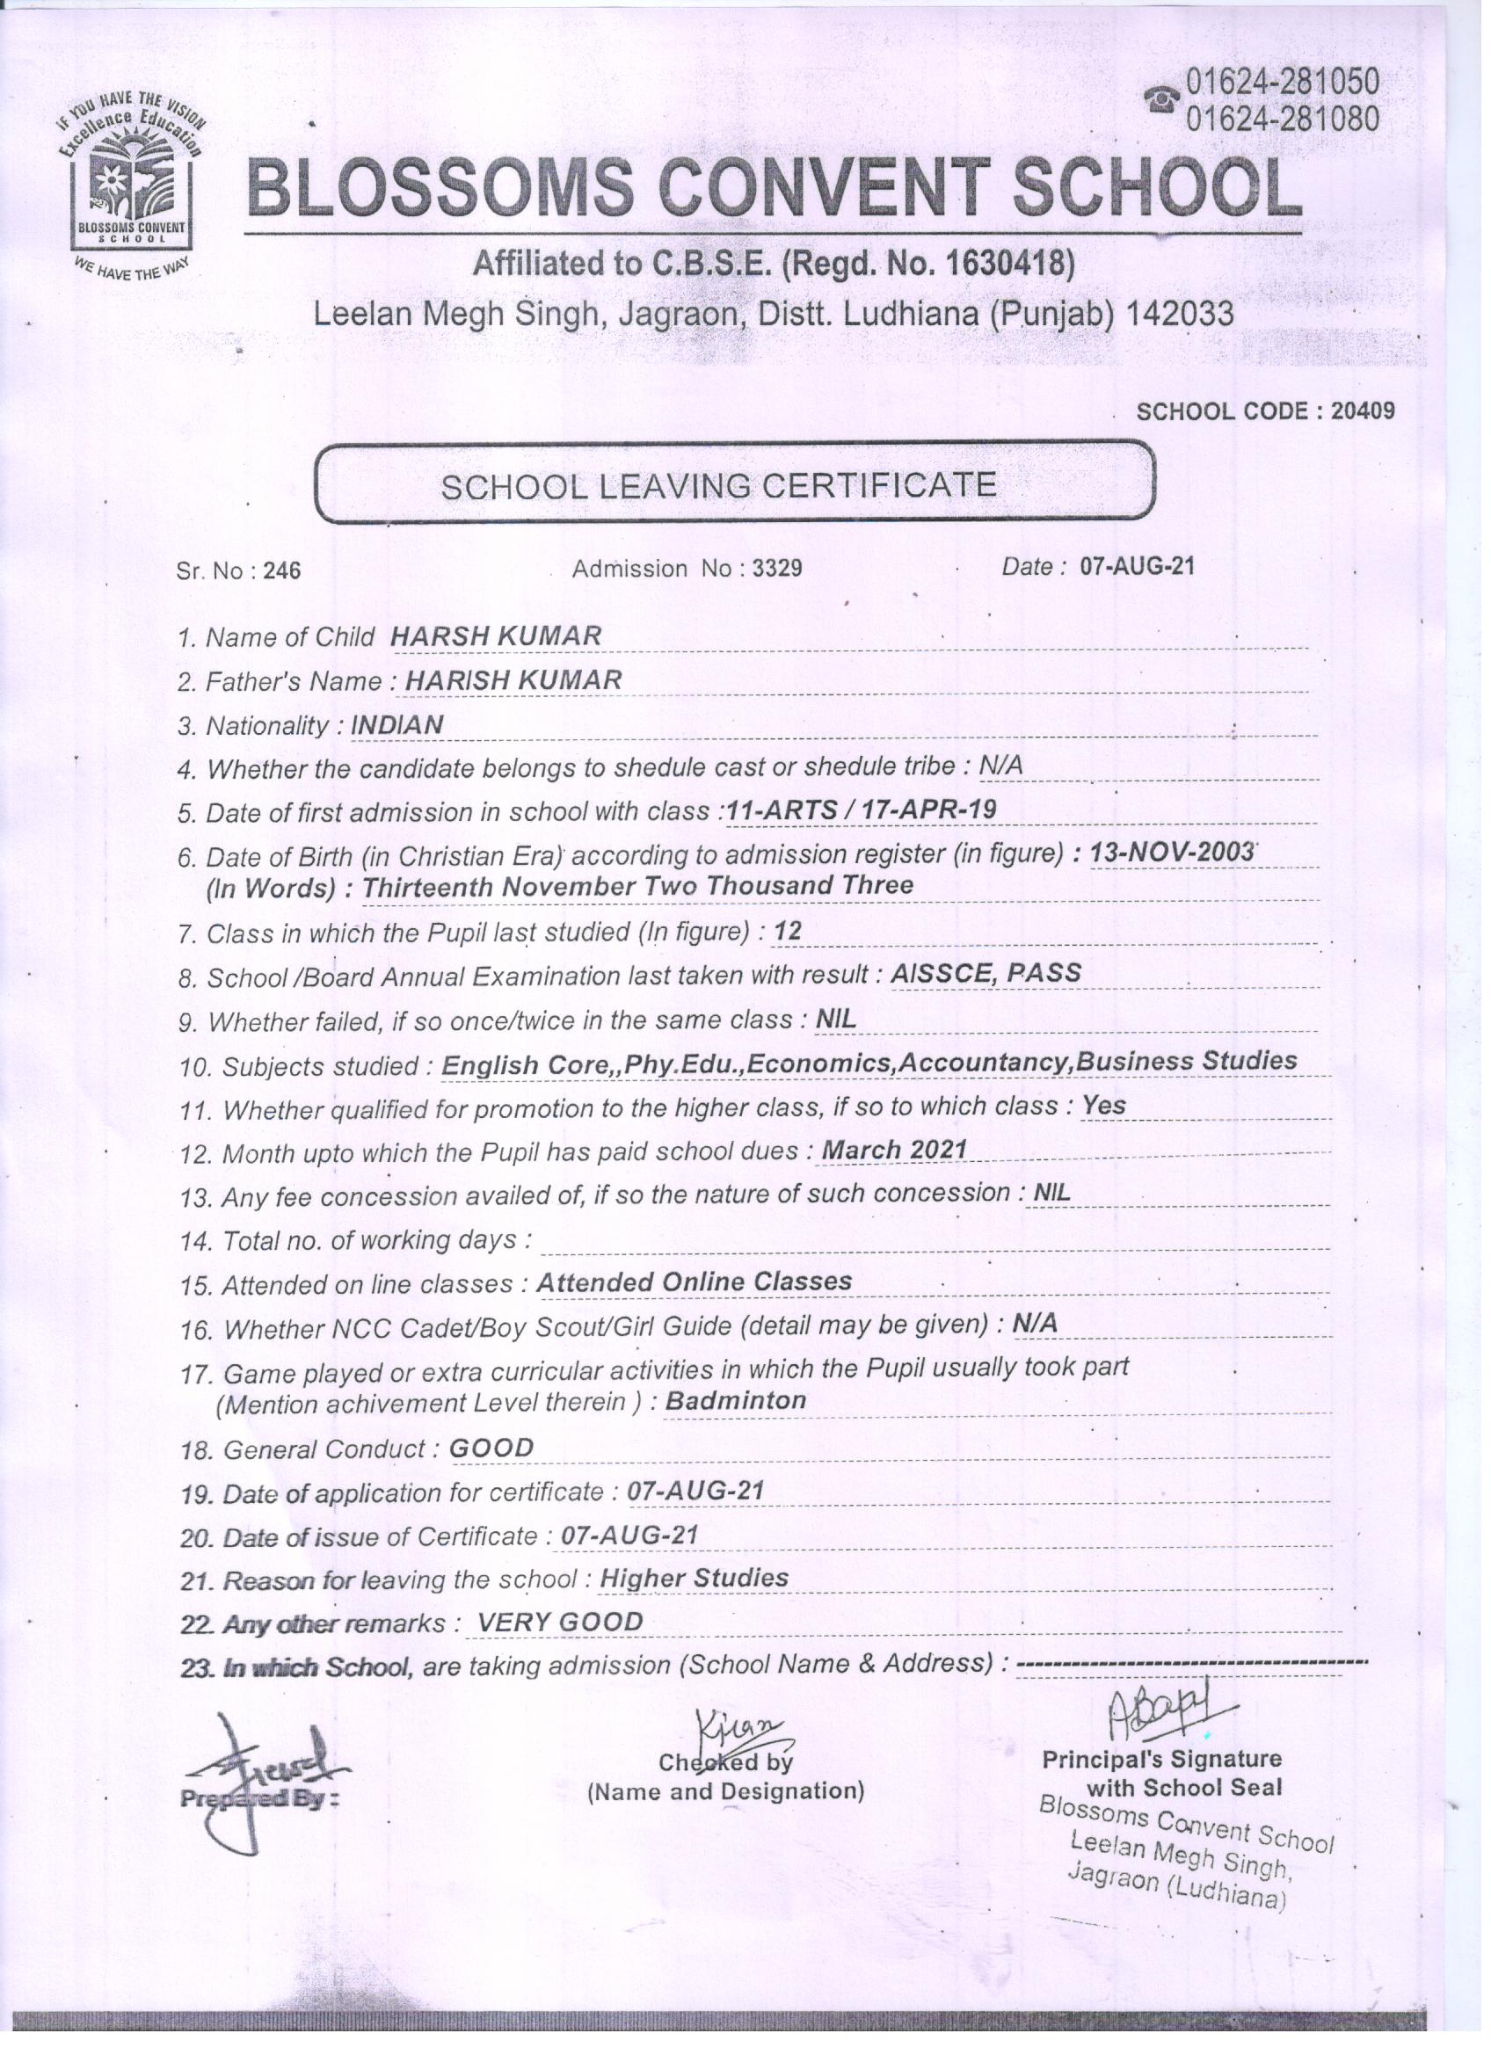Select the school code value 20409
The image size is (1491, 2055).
[x=1363, y=411]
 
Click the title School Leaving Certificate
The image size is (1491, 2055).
[x=718, y=487]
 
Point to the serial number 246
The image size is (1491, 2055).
[x=282, y=571]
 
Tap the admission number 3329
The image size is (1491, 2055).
[x=777, y=569]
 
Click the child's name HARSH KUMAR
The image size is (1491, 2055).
[x=496, y=636]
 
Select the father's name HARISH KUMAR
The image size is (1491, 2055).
[x=513, y=680]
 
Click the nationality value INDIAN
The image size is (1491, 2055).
[x=397, y=725]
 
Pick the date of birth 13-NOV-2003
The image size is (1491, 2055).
[x=1172, y=853]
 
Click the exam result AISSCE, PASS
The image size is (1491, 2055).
[x=986, y=973]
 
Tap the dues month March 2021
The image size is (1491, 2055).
[x=894, y=1150]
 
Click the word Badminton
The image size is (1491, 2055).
[x=735, y=1401]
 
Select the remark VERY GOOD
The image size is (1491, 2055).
[x=559, y=1622]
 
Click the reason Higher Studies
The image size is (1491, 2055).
[x=694, y=1579]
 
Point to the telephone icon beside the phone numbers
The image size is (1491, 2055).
[x=1161, y=99]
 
